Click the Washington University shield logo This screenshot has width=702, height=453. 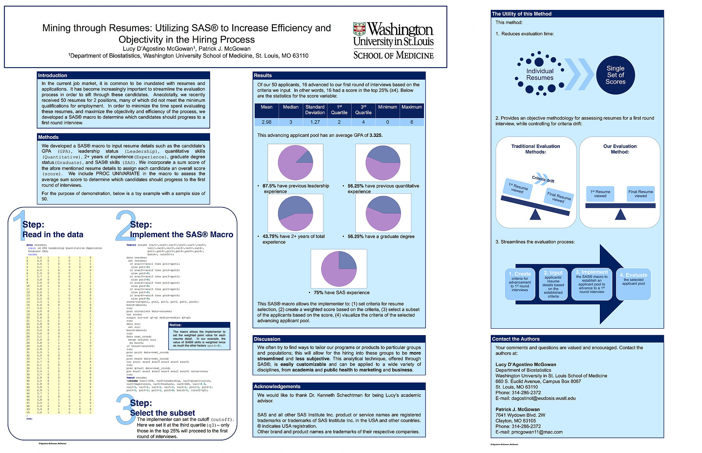[x=359, y=29]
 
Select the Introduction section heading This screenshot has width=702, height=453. [x=53, y=75]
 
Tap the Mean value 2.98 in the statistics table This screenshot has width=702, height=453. [x=267, y=122]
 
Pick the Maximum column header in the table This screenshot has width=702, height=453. [x=412, y=107]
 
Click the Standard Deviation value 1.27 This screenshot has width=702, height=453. [x=315, y=122]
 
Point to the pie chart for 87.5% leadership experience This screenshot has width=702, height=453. [x=295, y=163]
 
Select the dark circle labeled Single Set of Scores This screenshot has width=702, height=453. [x=615, y=75]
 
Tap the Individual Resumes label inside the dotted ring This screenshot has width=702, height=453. [x=540, y=74]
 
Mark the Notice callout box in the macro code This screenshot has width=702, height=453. [x=199, y=336]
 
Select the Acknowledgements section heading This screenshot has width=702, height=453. [x=277, y=386]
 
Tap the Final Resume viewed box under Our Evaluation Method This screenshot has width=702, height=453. [x=641, y=194]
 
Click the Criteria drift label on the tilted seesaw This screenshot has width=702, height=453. [x=543, y=179]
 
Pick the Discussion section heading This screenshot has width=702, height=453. [x=267, y=339]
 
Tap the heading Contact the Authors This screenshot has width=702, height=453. [x=516, y=339]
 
